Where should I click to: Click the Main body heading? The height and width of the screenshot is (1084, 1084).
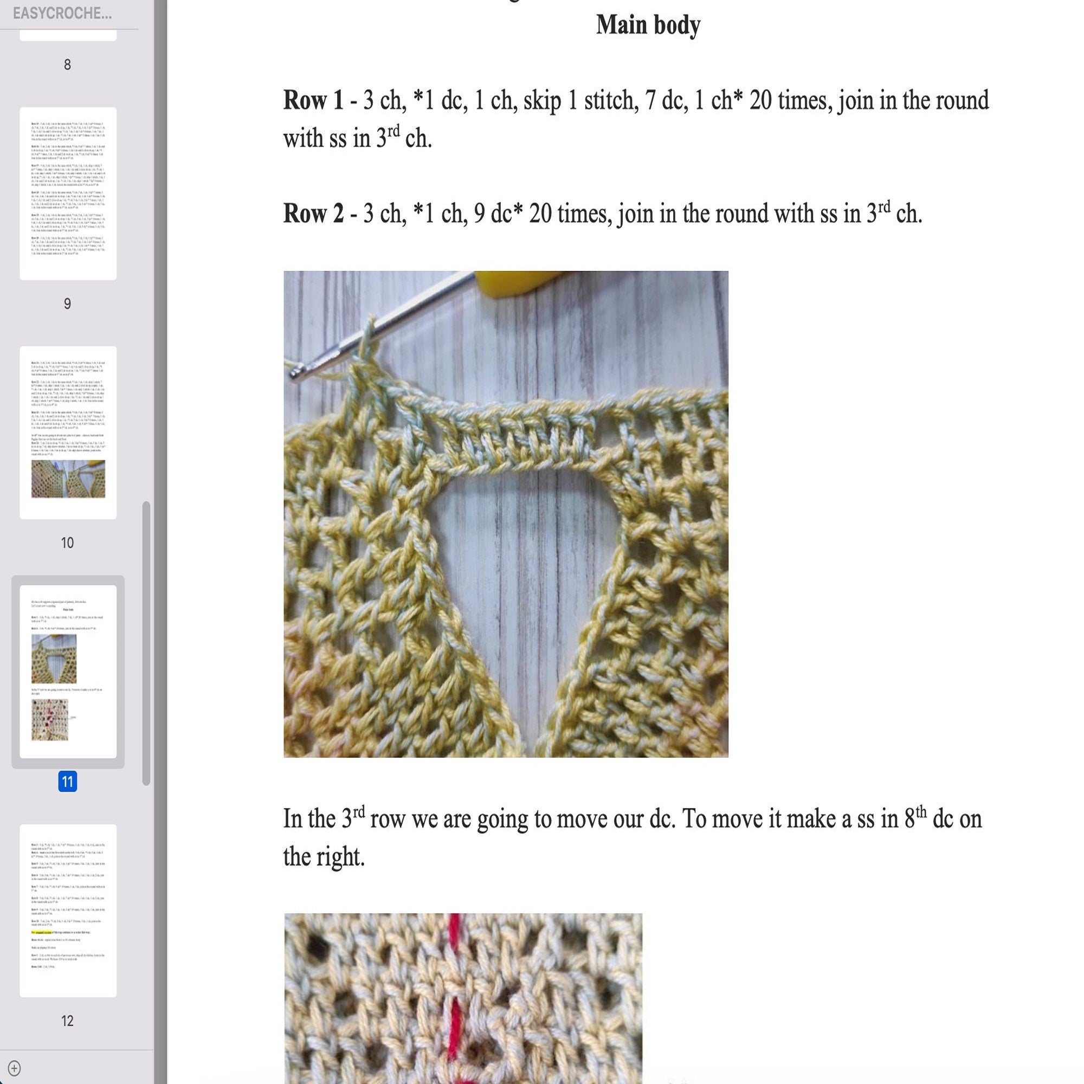(648, 25)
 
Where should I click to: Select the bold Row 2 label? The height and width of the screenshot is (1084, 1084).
(313, 214)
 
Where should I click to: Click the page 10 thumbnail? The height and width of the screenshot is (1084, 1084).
(68, 432)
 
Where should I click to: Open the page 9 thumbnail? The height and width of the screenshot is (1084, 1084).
(68, 193)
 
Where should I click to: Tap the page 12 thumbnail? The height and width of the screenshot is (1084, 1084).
(68, 910)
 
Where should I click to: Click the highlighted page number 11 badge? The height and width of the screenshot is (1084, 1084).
(67, 782)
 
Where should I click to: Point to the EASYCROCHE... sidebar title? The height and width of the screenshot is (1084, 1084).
(62, 14)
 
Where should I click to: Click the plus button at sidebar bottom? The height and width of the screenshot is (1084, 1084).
(15, 1068)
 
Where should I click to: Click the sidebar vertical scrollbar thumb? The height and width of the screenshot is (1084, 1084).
(146, 643)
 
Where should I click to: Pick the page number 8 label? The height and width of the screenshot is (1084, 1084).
(67, 65)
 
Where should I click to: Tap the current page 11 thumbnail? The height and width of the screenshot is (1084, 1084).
(68, 671)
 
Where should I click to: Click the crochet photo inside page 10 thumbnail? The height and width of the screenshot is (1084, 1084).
(68, 479)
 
